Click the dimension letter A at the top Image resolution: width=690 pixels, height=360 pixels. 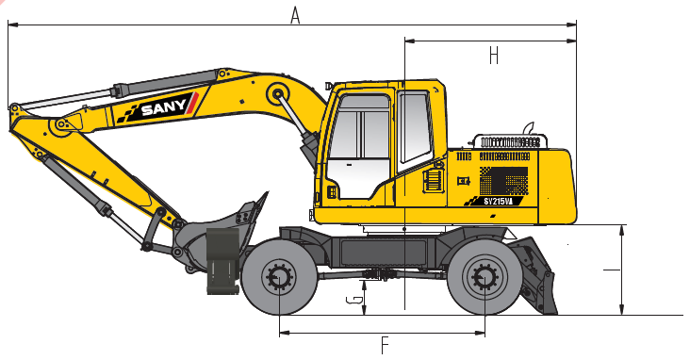pyautogui.click(x=295, y=15)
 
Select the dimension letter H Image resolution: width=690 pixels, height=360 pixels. pyautogui.click(x=494, y=56)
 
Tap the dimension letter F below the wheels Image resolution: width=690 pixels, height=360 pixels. pyautogui.click(x=385, y=346)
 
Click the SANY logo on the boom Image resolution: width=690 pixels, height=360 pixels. pyautogui.click(x=157, y=107)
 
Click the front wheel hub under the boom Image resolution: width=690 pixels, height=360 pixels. pyautogui.click(x=279, y=278)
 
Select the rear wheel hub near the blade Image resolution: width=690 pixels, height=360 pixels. pyautogui.click(x=485, y=278)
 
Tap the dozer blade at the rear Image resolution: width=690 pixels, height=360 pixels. pyautogui.click(x=538, y=276)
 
